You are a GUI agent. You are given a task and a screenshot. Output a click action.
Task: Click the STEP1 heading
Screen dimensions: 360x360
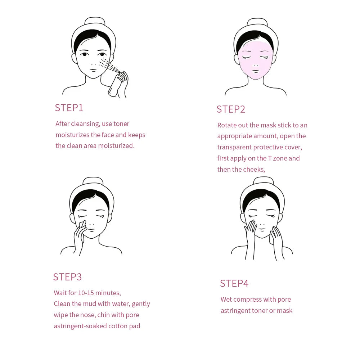[69, 108]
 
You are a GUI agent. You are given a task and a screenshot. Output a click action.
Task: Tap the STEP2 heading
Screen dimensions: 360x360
[231, 109]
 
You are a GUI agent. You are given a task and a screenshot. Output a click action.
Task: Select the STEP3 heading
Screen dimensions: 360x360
[67, 277]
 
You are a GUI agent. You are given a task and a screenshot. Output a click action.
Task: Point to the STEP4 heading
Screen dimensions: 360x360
[234, 283]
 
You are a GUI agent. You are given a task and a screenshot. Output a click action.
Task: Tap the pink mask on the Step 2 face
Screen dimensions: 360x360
[256, 59]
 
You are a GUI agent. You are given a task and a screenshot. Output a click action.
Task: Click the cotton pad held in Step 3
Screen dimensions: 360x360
[82, 224]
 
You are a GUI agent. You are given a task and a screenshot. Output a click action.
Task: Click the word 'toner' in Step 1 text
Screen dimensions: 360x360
[121, 124]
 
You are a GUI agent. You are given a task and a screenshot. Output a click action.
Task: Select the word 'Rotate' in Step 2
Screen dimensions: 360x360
[227, 125]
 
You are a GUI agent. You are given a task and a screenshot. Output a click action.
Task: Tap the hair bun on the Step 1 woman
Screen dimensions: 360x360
[95, 21]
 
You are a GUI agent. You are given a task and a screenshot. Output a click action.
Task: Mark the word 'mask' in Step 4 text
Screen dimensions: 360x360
[284, 311]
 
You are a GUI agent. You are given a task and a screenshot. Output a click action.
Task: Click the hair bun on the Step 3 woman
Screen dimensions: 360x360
[93, 180]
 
